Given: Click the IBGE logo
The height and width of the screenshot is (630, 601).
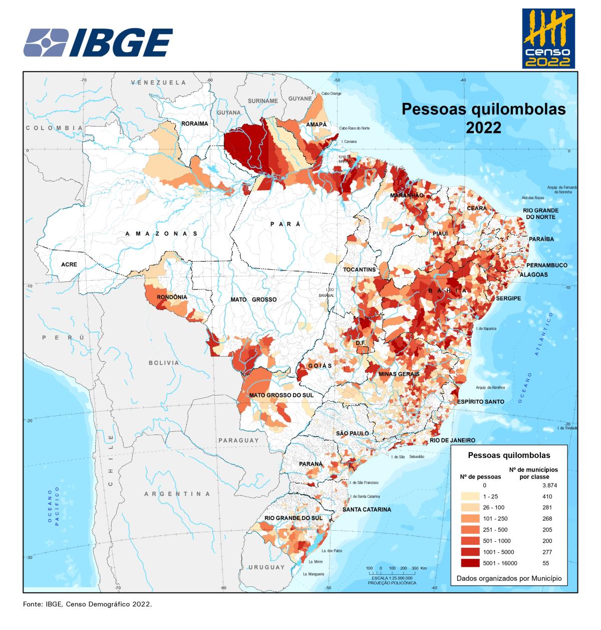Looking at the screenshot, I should pos(98,43).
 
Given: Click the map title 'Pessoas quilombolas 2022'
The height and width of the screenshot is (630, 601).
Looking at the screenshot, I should pos(483,118).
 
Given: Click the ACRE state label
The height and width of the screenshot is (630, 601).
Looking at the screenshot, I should pos(69,264).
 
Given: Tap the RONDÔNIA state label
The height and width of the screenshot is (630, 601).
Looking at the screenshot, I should pos(172,297).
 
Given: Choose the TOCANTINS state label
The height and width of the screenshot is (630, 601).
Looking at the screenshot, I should pos(359,269).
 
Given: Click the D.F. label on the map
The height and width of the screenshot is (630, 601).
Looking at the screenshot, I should pos(361,343).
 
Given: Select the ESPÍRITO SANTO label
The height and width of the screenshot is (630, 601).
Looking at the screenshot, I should pos(480,402).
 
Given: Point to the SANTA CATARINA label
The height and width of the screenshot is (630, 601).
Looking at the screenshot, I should pos(367,509).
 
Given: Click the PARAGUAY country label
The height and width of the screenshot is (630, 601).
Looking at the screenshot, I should pos(238,440).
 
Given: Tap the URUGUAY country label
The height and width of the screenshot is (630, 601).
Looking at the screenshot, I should pos(266,567).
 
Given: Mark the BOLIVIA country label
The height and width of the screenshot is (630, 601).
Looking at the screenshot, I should pos(163,363).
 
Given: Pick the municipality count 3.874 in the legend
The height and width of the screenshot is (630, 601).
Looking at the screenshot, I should pos(549,486).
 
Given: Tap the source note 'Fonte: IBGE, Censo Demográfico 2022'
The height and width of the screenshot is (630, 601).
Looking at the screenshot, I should pos(87,604).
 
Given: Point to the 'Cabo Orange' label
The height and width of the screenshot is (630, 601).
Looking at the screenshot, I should pos(331,93).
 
